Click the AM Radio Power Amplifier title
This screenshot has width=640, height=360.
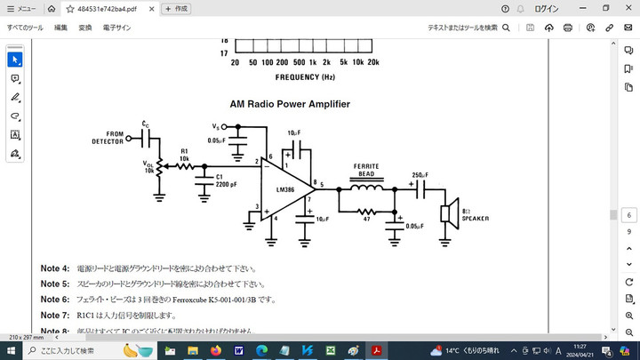pos(290,104)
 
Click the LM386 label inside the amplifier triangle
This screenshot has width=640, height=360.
pos(284,189)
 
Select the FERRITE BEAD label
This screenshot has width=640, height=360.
pos(366,170)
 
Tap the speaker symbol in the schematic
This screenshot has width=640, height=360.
pos(450,213)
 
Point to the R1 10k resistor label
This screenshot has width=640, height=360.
pos(184,154)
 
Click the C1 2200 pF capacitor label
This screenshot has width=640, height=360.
pos(226,180)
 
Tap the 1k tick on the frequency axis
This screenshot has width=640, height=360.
pos(312,62)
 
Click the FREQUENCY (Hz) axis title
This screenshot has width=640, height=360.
pos(304,76)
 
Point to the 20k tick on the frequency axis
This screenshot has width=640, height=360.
pos(372,62)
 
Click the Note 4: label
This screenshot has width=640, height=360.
pos(54,268)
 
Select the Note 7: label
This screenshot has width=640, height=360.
pos(54,316)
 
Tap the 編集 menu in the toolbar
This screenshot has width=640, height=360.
pos(60,28)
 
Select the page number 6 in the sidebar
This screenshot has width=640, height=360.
pos(628,215)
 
